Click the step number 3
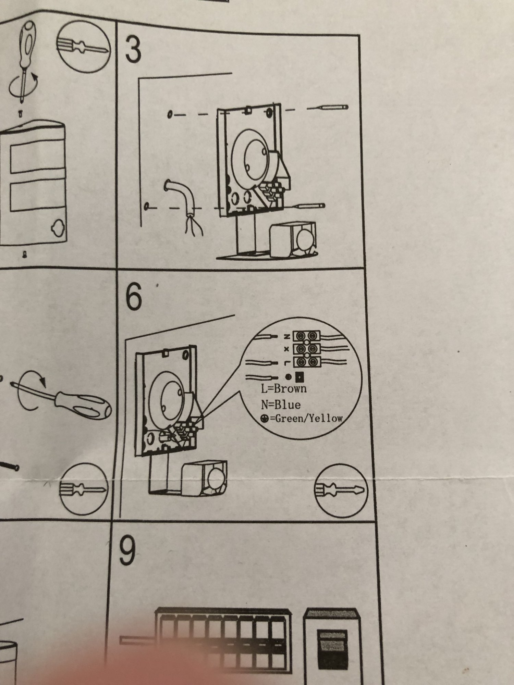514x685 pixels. pos(133,50)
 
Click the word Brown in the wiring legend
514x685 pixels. pos(291,388)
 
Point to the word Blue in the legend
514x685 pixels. pos(288,404)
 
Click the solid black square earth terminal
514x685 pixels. pos(299,377)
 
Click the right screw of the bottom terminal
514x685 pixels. pos(311,361)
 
